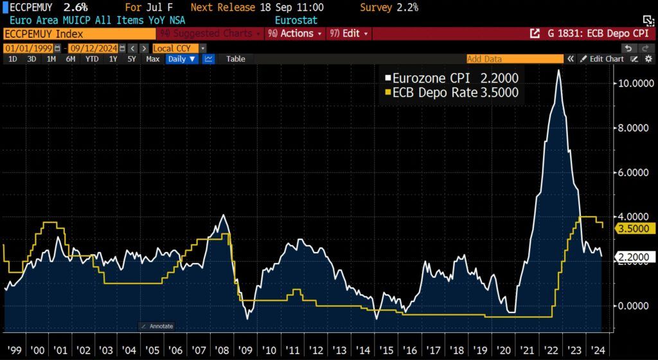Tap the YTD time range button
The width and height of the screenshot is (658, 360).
[x=92, y=59]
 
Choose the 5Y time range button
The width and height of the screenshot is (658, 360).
[x=132, y=59]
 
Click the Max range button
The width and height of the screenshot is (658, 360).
[x=152, y=59]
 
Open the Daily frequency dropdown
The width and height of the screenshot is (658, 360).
[x=182, y=59]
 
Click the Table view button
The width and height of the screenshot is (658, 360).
[x=235, y=59]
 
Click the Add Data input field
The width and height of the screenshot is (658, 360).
[x=514, y=59]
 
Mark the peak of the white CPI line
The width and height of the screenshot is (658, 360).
[x=558, y=70]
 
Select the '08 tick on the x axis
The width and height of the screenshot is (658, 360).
[x=222, y=351]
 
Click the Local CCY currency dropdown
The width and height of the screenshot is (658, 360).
[x=179, y=48]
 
